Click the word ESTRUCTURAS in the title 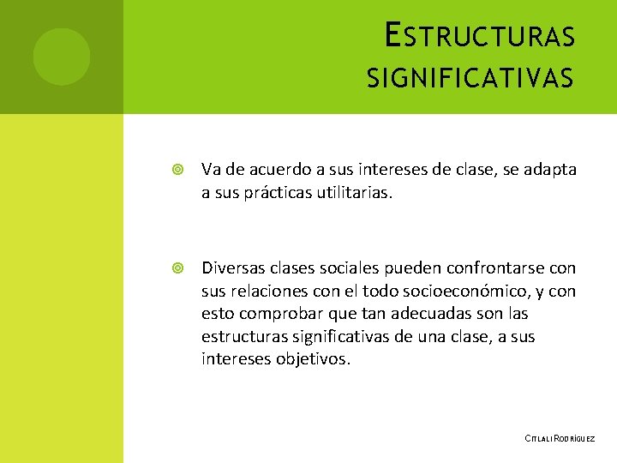[480, 37]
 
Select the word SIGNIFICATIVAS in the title [470, 80]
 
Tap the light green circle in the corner [62, 57]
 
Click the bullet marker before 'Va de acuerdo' [177, 171]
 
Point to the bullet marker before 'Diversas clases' [177, 269]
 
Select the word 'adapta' [551, 171]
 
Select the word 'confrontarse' [480, 268]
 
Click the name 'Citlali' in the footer [538, 438]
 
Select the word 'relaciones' [271, 292]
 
